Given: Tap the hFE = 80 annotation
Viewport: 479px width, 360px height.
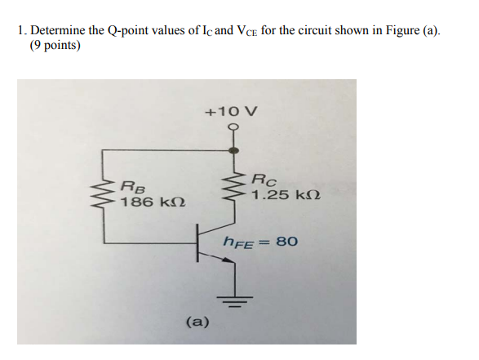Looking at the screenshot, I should click(261, 242).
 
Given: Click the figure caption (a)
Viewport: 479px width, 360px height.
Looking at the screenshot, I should click(197, 322).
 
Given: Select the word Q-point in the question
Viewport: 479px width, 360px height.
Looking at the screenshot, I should click(131, 31).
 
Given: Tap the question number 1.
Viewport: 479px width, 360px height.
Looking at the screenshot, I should click(20, 31).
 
